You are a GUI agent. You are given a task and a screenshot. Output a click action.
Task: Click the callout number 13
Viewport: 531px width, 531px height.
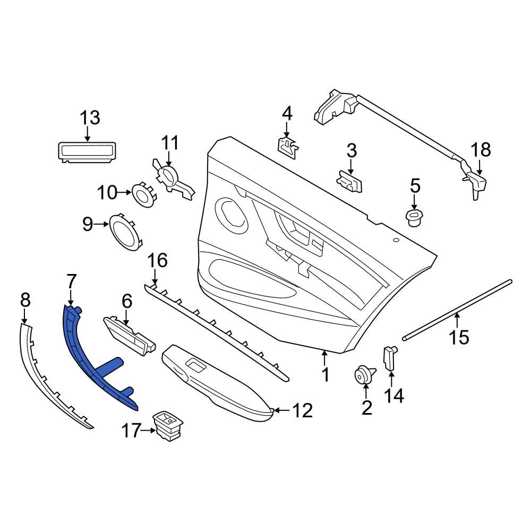point(90,117)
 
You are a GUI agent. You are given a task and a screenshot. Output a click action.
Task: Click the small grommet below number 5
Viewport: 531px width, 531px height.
point(414,217)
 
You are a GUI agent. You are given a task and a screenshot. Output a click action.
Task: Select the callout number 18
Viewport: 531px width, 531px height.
point(481,150)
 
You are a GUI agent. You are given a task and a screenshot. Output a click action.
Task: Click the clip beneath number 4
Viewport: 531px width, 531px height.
point(287,144)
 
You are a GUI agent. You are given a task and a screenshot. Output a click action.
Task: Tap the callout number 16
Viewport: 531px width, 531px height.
point(157,260)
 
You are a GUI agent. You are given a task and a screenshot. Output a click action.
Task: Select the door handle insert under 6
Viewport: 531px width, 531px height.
point(130,334)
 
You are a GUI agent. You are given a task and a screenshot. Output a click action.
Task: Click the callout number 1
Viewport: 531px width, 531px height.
point(326,375)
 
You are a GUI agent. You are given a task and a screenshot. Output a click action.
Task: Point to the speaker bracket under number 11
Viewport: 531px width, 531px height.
point(173,181)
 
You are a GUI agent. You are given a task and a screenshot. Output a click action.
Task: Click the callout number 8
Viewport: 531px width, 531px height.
point(25,301)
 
